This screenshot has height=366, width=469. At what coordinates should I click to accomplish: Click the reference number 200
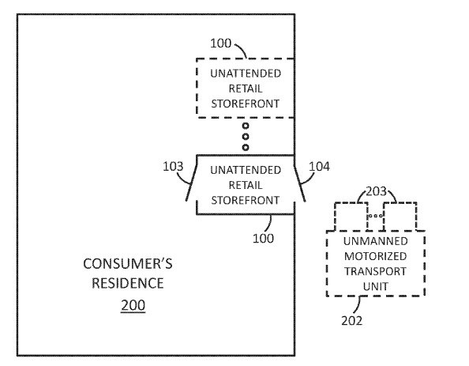[133, 305]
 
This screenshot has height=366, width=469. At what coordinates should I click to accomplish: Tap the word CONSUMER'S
[128, 264]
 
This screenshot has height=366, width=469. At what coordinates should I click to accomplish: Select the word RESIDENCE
[128, 283]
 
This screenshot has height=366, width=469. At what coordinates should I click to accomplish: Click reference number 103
[173, 167]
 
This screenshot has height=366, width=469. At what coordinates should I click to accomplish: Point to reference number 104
[319, 167]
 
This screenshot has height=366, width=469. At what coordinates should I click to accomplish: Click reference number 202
[352, 321]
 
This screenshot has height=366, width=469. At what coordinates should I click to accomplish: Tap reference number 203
[377, 191]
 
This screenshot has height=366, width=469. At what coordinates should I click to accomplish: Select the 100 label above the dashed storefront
[221, 43]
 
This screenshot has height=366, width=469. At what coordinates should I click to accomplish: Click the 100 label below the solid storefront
[263, 239]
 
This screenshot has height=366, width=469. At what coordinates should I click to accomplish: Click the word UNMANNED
[376, 241]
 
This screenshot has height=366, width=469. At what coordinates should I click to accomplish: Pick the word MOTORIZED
[376, 256]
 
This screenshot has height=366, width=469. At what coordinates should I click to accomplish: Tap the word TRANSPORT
[376, 271]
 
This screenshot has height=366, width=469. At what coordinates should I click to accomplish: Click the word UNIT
[376, 286]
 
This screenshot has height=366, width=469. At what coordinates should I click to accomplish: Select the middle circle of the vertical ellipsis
[246, 137]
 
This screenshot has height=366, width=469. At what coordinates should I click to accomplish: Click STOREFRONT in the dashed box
[246, 104]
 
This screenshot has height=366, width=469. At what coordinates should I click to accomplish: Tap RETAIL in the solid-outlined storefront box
[246, 185]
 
